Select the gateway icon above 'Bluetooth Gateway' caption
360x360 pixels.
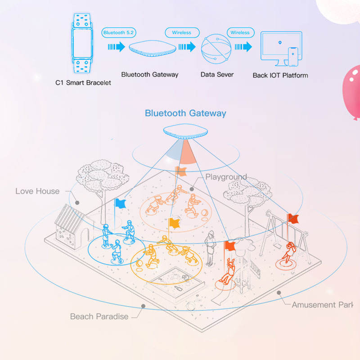149,49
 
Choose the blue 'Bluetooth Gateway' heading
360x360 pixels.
185,113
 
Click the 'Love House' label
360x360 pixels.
37,191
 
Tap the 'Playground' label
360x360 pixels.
226,177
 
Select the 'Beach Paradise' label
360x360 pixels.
99,316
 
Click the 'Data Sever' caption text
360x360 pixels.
217,74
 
